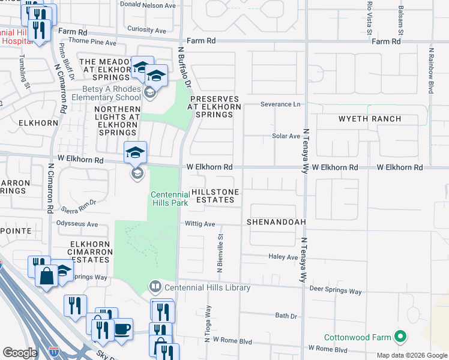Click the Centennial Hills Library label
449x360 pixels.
(x=207, y=288)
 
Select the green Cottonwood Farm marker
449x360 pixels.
(x=398, y=336)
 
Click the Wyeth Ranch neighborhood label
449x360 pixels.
(x=370, y=119)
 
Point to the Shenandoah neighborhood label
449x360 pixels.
(x=276, y=222)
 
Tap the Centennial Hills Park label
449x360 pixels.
(x=169, y=199)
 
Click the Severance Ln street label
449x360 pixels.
(x=280, y=104)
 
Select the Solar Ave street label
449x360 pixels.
(x=286, y=136)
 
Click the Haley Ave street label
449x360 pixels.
(x=283, y=257)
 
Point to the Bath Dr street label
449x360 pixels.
(x=286, y=316)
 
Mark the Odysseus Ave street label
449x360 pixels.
(x=77, y=224)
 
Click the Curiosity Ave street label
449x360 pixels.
(x=146, y=29)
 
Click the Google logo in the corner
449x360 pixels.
(x=20, y=353)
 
